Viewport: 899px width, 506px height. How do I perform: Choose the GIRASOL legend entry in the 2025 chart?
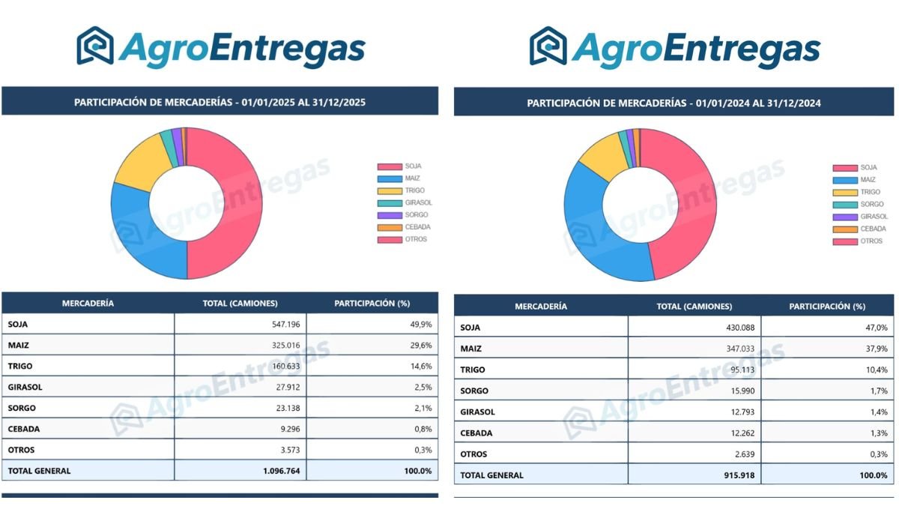pyautogui.click(x=418, y=202)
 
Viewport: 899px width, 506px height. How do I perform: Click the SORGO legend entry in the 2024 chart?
pyautogui.click(x=871, y=204)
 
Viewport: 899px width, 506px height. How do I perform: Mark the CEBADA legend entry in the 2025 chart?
pyautogui.click(x=418, y=227)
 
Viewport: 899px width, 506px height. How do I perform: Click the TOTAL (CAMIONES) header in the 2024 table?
pyautogui.click(x=694, y=307)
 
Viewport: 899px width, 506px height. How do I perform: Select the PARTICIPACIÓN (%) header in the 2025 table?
pyautogui.click(x=372, y=303)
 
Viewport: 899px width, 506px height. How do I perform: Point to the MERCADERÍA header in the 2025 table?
pyautogui.click(x=88, y=303)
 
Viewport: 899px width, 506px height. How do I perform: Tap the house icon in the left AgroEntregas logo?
pyautogui.click(x=95, y=46)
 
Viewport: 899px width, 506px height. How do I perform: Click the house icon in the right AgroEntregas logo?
pyautogui.click(x=548, y=46)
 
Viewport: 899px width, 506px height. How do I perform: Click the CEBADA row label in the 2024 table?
pyautogui.click(x=476, y=433)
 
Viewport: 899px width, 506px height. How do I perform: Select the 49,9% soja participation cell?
pyautogui.click(x=420, y=324)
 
